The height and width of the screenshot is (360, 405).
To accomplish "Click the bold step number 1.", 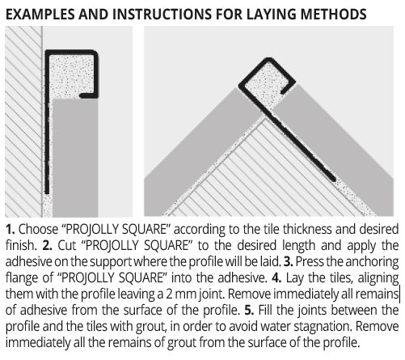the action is click(x=10, y=229).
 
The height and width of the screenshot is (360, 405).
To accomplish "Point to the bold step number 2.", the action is click(x=47, y=245).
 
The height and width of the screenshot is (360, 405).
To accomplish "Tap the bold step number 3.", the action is click(x=288, y=261).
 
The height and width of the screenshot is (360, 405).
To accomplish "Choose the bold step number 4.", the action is click(x=276, y=277).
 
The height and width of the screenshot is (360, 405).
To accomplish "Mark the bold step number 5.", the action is click(x=249, y=310).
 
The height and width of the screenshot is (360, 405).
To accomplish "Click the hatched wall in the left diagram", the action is click(x=23, y=121).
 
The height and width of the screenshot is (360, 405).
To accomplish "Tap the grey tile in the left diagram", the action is click(x=74, y=158).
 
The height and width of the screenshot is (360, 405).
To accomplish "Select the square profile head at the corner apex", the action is click(x=266, y=78).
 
